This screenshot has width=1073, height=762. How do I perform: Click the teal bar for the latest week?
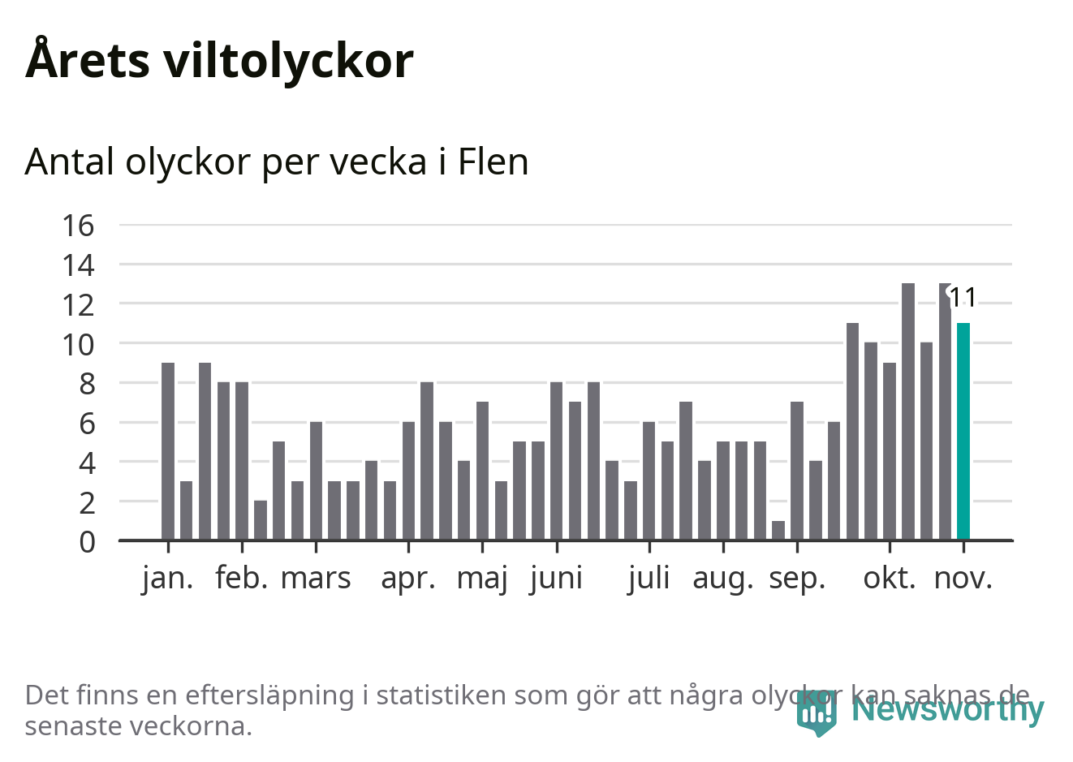[x=963, y=431]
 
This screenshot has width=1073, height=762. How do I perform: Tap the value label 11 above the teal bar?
[x=963, y=298]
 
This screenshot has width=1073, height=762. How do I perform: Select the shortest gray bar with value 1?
[x=778, y=530]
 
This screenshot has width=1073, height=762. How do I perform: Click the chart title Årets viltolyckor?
[x=219, y=60]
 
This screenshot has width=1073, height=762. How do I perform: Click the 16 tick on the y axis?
[x=79, y=226]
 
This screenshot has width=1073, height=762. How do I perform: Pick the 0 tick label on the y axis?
[x=87, y=541]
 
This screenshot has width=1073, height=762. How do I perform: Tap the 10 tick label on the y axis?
[x=79, y=344]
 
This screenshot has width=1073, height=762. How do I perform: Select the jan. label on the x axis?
[x=168, y=578]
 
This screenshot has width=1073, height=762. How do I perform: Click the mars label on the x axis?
[x=316, y=578]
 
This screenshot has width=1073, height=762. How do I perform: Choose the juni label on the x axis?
[x=556, y=578]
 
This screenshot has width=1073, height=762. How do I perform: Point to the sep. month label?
[x=797, y=578]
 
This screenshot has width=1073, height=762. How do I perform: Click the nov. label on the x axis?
[x=963, y=578]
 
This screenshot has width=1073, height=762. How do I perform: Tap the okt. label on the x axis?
[x=890, y=578]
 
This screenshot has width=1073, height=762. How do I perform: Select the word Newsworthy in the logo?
[x=947, y=709]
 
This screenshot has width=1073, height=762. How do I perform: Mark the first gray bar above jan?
[x=168, y=450]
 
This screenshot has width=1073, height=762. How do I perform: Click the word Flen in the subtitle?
[x=493, y=161]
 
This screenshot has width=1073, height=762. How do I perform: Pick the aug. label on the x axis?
[x=723, y=578]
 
